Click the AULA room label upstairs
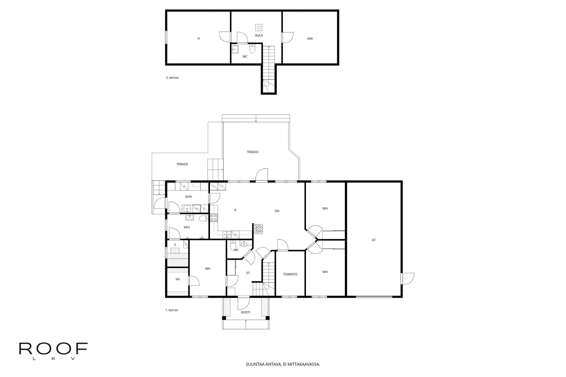259,35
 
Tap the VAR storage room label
310,39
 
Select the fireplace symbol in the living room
258,229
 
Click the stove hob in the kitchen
214,218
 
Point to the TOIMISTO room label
290,274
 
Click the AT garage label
374,240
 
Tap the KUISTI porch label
246,312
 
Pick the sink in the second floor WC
235,49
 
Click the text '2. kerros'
172,78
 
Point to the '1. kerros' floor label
172,310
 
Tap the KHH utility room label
189,197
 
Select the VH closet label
178,279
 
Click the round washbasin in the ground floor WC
244,244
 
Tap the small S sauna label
175,244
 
